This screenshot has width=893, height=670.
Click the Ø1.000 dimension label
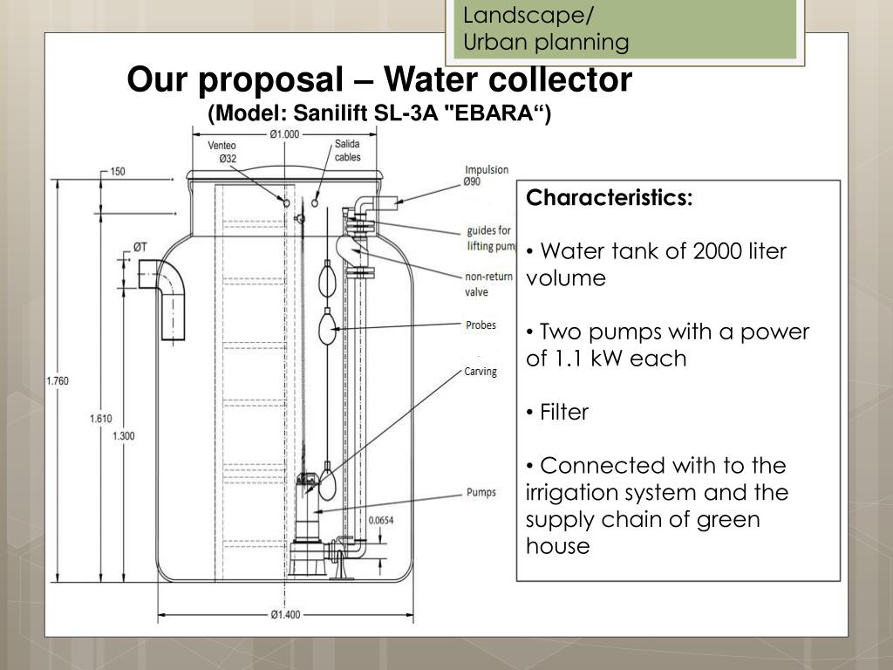coord(284,133)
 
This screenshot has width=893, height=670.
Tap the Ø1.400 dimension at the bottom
coord(284,614)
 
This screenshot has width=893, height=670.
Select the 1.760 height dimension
coord(57,380)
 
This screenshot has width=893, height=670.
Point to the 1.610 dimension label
coord(100,419)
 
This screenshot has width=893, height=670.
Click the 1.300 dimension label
coord(123,436)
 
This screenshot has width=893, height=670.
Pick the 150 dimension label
coord(117,171)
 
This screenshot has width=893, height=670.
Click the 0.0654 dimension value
coord(380,520)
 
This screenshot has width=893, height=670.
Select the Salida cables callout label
coord(348,150)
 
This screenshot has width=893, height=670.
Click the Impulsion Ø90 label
coord(487,175)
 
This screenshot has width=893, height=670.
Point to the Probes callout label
coord(481,325)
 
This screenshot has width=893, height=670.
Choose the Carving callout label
coord(480,372)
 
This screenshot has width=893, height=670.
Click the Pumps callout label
coord(481,492)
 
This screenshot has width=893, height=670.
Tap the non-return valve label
coord(489,285)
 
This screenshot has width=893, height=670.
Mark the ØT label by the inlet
coord(140,248)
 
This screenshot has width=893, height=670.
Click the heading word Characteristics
coord(609,198)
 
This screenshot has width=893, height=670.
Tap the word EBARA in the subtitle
coord(504,114)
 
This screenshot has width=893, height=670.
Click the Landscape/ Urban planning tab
coord(546,28)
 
